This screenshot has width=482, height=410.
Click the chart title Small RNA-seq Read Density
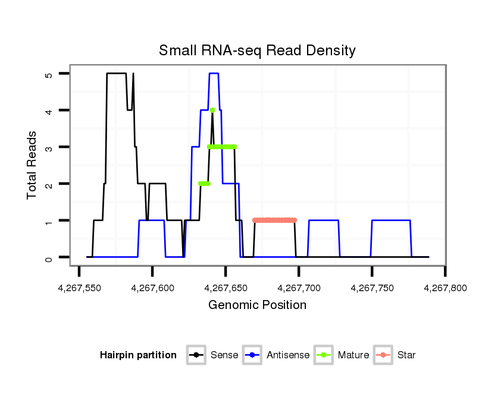point(257,51)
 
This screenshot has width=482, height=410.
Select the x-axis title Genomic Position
point(257,305)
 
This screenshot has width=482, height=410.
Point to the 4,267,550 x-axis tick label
point(79,288)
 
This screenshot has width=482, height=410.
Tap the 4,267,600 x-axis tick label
point(152,288)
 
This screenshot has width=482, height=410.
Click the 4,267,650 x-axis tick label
point(226,288)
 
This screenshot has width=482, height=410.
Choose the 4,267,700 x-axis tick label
point(299,288)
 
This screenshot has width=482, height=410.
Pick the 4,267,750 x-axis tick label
point(372,288)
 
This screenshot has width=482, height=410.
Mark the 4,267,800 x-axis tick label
point(445,288)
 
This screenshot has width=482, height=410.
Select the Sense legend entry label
point(224,355)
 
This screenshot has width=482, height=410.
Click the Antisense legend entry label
point(288,355)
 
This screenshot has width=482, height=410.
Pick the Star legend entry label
point(406,355)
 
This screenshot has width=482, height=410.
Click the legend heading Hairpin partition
point(138,355)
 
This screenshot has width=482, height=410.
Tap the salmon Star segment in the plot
point(274,220)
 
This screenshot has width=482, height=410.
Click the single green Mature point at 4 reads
point(212,110)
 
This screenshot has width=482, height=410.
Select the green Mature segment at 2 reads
point(204,184)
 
